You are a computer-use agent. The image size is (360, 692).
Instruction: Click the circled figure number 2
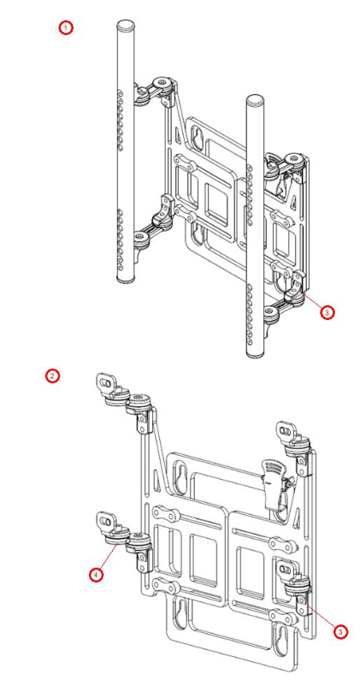pyautogui.click(x=53, y=376)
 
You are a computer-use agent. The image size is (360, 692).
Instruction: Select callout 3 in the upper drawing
pyautogui.click(x=325, y=312)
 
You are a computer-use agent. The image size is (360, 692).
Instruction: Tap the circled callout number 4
pyautogui.click(x=97, y=576)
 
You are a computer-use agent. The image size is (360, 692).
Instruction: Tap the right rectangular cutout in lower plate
pyautogui.click(x=251, y=570)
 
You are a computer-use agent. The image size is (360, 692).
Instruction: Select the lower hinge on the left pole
pyautogui.click(x=150, y=229)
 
